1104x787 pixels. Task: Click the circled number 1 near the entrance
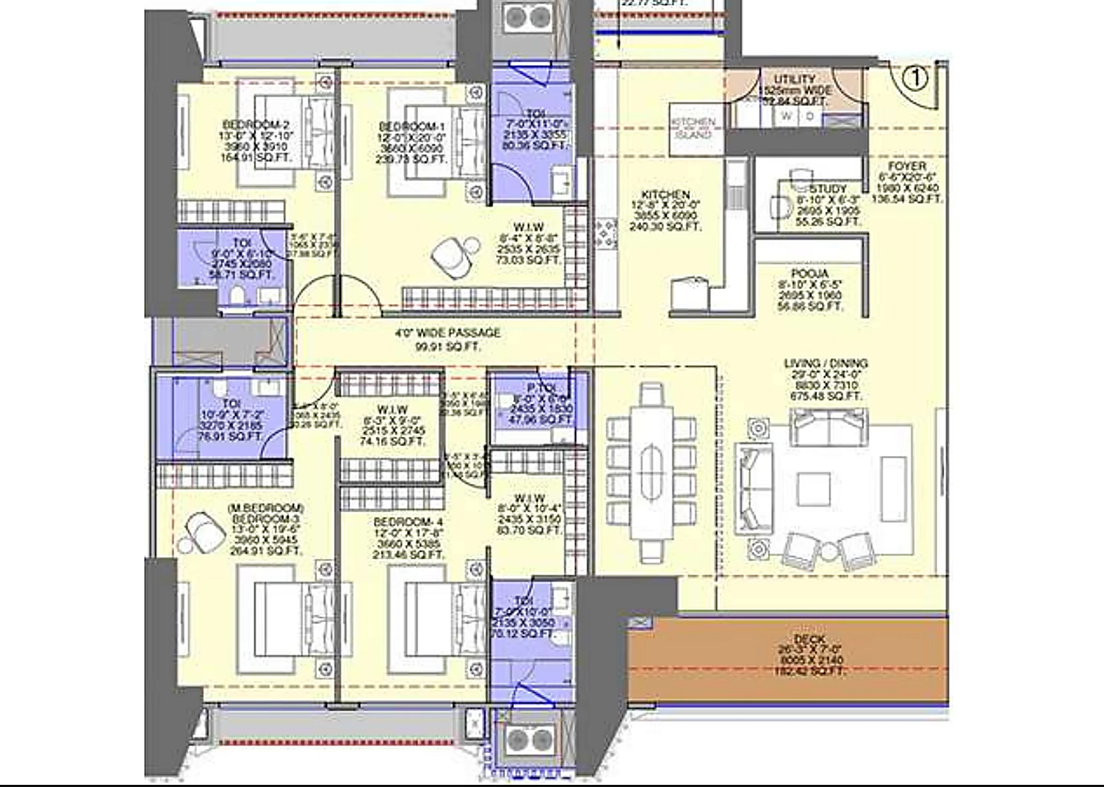pyautogui.click(x=915, y=79)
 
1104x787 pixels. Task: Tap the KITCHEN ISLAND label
pyautogui.click(x=693, y=128)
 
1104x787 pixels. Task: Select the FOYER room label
pyautogui.click(x=907, y=166)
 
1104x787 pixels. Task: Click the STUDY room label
pyautogui.click(x=828, y=189)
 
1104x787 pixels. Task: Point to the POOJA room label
pyautogui.click(x=810, y=273)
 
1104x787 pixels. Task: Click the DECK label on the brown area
pyautogui.click(x=810, y=639)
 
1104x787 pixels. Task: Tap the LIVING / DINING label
pyautogui.click(x=826, y=363)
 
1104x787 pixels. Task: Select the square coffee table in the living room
pyautogui.click(x=814, y=488)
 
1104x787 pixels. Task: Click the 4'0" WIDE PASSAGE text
pyautogui.click(x=448, y=333)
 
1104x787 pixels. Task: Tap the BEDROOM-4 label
pyautogui.click(x=408, y=522)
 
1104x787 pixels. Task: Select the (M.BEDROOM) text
pyautogui.click(x=266, y=507)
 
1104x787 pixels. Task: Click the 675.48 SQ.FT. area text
pyautogui.click(x=826, y=396)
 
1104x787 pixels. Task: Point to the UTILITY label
pyautogui.click(x=795, y=79)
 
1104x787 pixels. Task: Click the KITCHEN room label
pyautogui.click(x=665, y=194)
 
